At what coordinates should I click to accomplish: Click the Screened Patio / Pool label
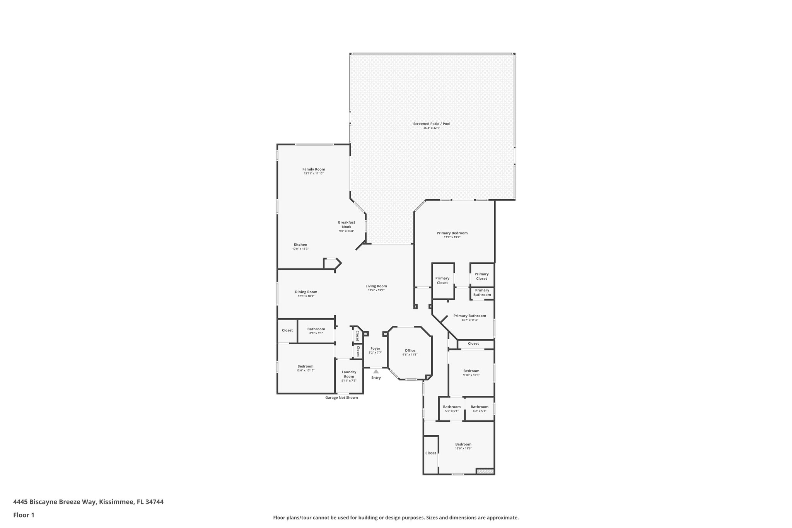[432, 124]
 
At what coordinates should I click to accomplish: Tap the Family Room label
[314, 169]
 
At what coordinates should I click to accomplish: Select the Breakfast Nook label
[346, 224]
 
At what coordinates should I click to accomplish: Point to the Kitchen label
[300, 244]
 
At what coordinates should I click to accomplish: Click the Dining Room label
[306, 292]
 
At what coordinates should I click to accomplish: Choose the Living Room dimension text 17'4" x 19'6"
[376, 290]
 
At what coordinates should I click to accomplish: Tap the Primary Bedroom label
[452, 233]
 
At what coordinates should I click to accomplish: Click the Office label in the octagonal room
[410, 350]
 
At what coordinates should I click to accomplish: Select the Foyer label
[375, 349]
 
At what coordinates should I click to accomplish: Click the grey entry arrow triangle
[376, 371]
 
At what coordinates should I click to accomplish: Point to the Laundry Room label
[349, 374]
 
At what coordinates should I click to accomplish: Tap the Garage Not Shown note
[341, 398]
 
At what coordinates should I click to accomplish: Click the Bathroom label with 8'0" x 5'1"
[316, 329]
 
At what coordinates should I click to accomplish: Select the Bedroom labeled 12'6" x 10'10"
[306, 366]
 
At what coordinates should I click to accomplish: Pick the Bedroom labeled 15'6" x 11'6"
[463, 444]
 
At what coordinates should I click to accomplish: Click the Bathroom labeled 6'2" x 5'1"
[480, 407]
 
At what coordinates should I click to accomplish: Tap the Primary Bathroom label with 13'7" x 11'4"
[469, 316]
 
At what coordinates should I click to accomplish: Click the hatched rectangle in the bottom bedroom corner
[485, 471]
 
